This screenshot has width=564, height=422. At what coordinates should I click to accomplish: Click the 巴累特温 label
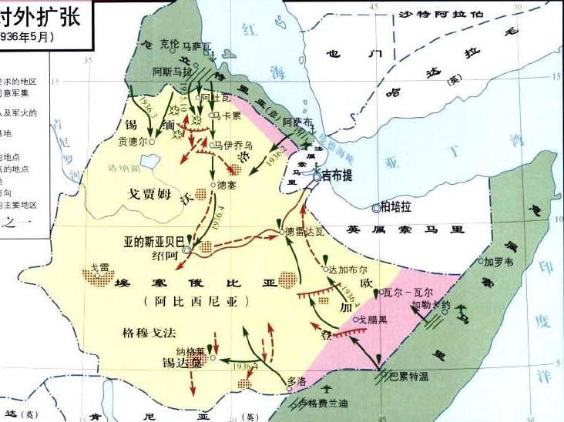tap(408, 376)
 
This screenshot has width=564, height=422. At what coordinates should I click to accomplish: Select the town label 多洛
tap(296, 380)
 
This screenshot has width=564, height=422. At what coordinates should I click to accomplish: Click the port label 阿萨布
tap(297, 122)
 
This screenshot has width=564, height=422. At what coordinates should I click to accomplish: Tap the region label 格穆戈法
tap(149, 333)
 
